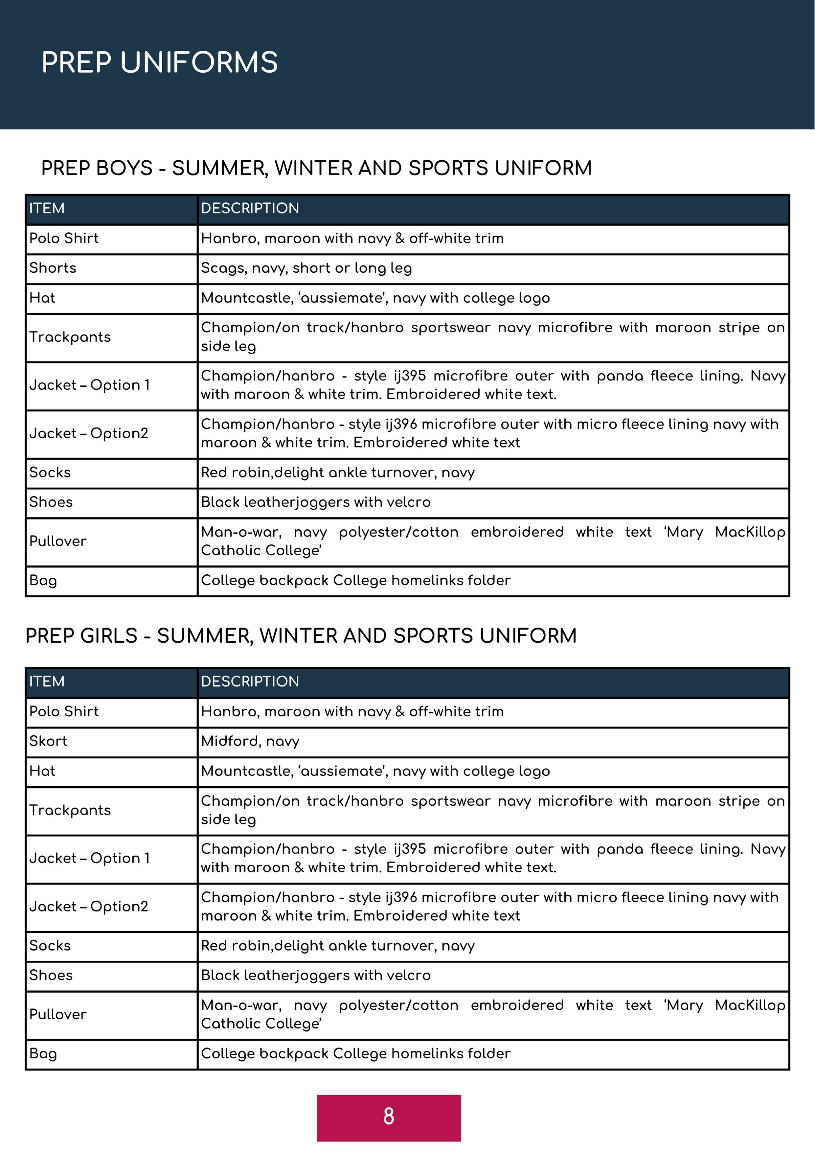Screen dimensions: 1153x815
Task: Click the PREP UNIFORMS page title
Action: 159,62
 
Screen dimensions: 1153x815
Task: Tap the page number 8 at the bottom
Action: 388,1116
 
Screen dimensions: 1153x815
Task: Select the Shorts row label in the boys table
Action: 53,268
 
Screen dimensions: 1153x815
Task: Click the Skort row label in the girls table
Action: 48,741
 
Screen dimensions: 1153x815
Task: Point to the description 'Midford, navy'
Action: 250,741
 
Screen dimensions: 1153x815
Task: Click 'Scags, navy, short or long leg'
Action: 306,268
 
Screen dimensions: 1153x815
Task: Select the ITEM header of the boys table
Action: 47,208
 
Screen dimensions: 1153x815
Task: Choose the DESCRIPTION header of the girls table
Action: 250,681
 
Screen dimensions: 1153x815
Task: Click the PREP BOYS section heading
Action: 316,168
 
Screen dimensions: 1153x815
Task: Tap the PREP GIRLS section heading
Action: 301,636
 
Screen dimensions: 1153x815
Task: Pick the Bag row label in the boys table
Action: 43,581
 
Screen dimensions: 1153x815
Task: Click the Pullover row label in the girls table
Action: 58,1014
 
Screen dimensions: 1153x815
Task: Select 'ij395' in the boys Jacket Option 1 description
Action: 410,376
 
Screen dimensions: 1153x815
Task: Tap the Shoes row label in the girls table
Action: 51,975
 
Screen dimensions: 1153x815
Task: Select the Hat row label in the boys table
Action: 42,298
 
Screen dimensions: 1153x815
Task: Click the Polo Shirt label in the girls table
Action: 64,712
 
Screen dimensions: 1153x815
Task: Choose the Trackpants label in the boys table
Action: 70,337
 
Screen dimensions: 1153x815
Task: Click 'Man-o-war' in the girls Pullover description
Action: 240,1005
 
